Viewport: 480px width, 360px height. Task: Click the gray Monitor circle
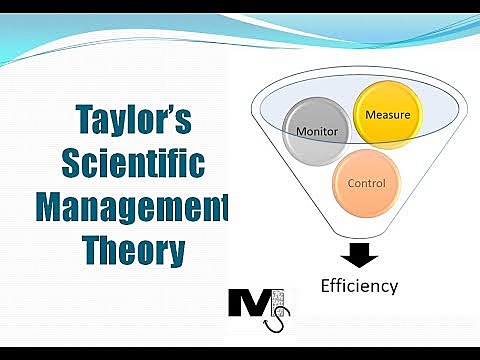316,131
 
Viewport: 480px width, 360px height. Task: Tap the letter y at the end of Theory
174,252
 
